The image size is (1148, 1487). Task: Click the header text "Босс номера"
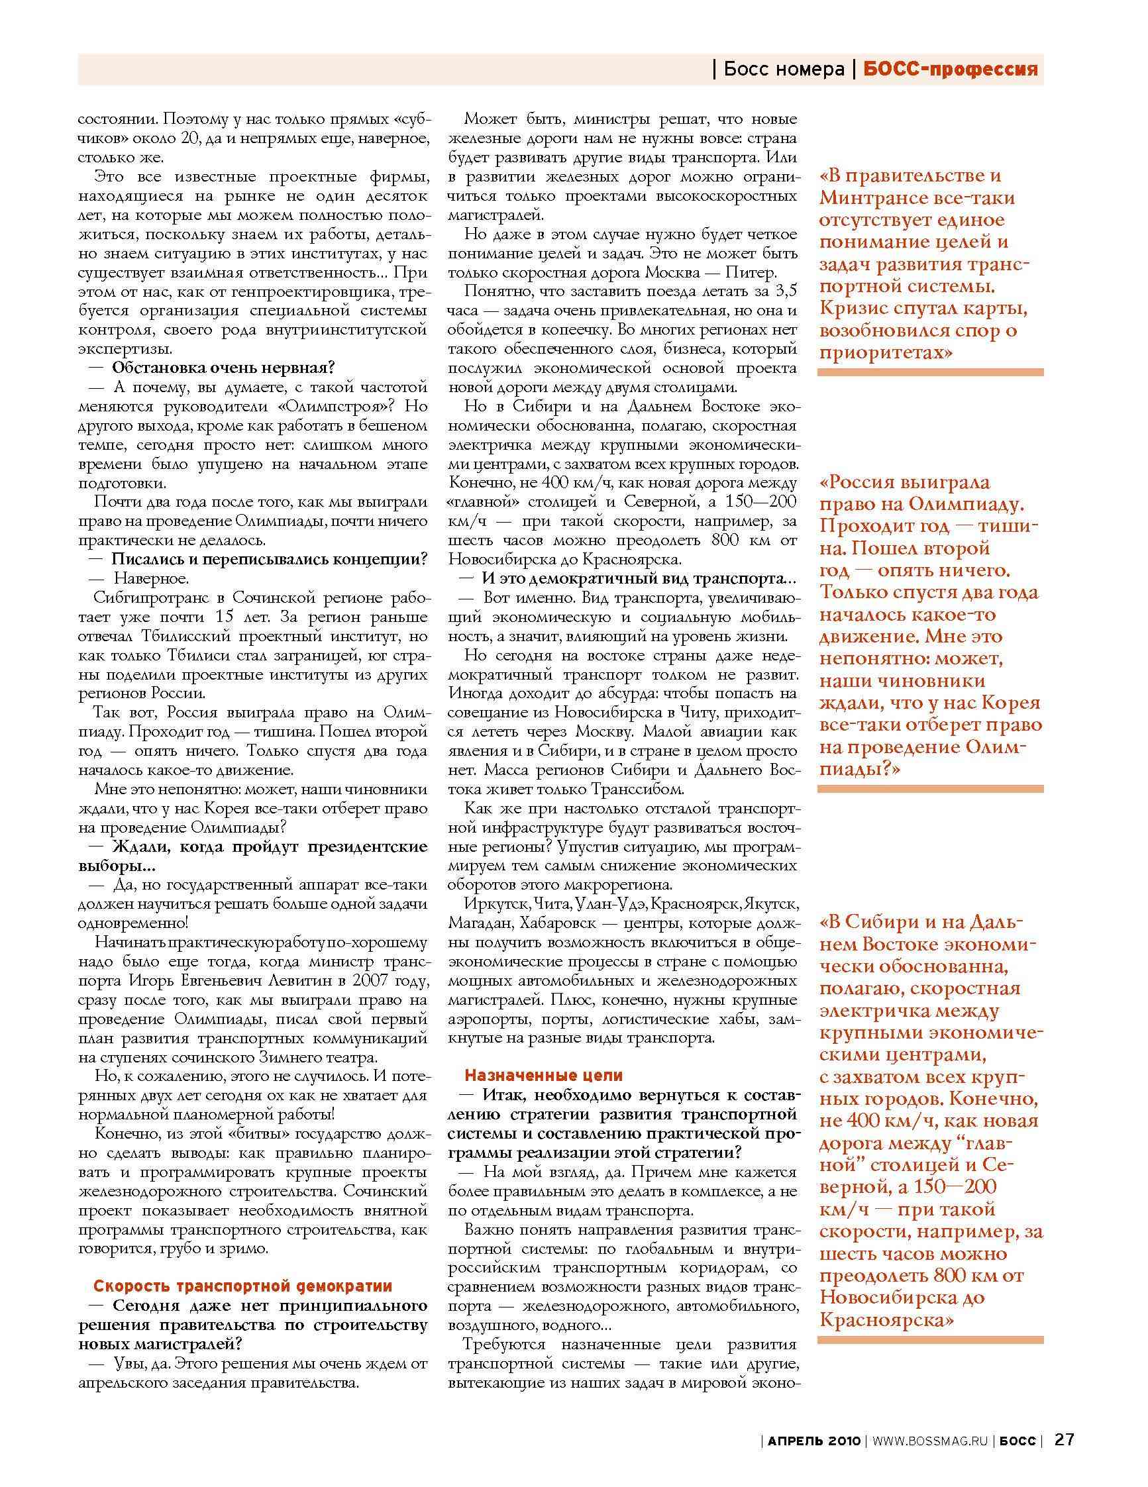[783, 69]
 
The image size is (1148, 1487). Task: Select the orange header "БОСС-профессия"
[951, 69]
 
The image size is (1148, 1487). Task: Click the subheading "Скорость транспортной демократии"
[242, 1286]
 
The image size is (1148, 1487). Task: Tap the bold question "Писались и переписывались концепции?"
[269, 560]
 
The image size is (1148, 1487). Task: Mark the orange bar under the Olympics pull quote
[930, 788]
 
